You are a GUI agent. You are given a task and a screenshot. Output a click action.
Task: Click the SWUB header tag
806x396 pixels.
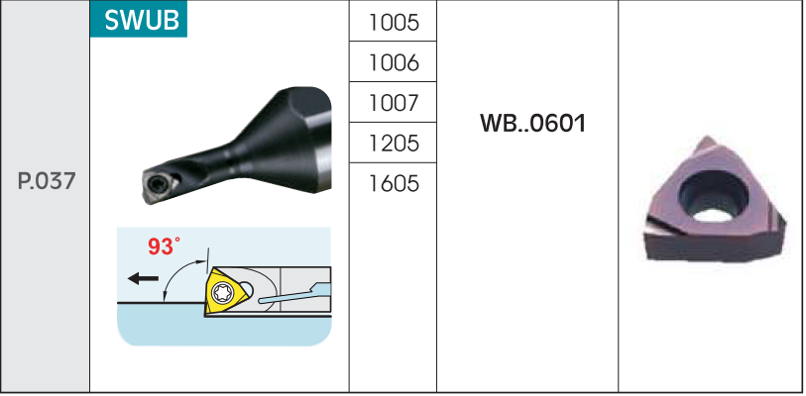click(139, 19)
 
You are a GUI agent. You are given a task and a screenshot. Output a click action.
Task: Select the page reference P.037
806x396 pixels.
click(47, 181)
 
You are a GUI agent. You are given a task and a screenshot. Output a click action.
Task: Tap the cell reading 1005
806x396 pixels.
click(394, 21)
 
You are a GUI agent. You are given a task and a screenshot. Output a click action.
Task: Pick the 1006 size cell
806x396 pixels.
click(394, 61)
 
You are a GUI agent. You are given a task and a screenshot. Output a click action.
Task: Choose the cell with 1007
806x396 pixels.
click(394, 102)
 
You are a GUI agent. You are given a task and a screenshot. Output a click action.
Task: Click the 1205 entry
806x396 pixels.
click(394, 143)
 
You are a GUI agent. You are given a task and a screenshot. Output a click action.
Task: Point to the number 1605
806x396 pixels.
click(394, 183)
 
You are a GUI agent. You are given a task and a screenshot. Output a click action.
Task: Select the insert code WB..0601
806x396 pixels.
click(532, 124)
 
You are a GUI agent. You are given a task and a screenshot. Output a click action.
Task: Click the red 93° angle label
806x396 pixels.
click(164, 247)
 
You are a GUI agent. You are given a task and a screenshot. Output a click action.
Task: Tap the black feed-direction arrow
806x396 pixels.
click(143, 279)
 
